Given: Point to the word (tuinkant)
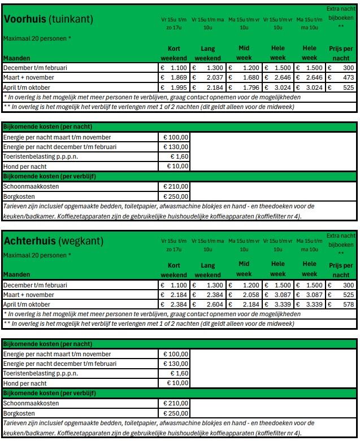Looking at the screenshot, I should coord(71,20).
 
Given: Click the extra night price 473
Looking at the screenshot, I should coord(348,77).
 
